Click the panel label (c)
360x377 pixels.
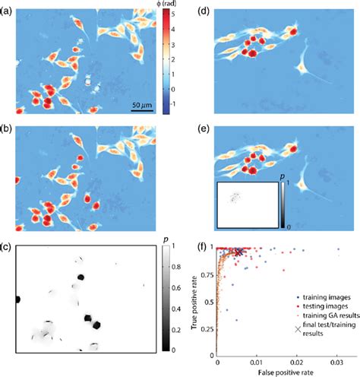point(7,246)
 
